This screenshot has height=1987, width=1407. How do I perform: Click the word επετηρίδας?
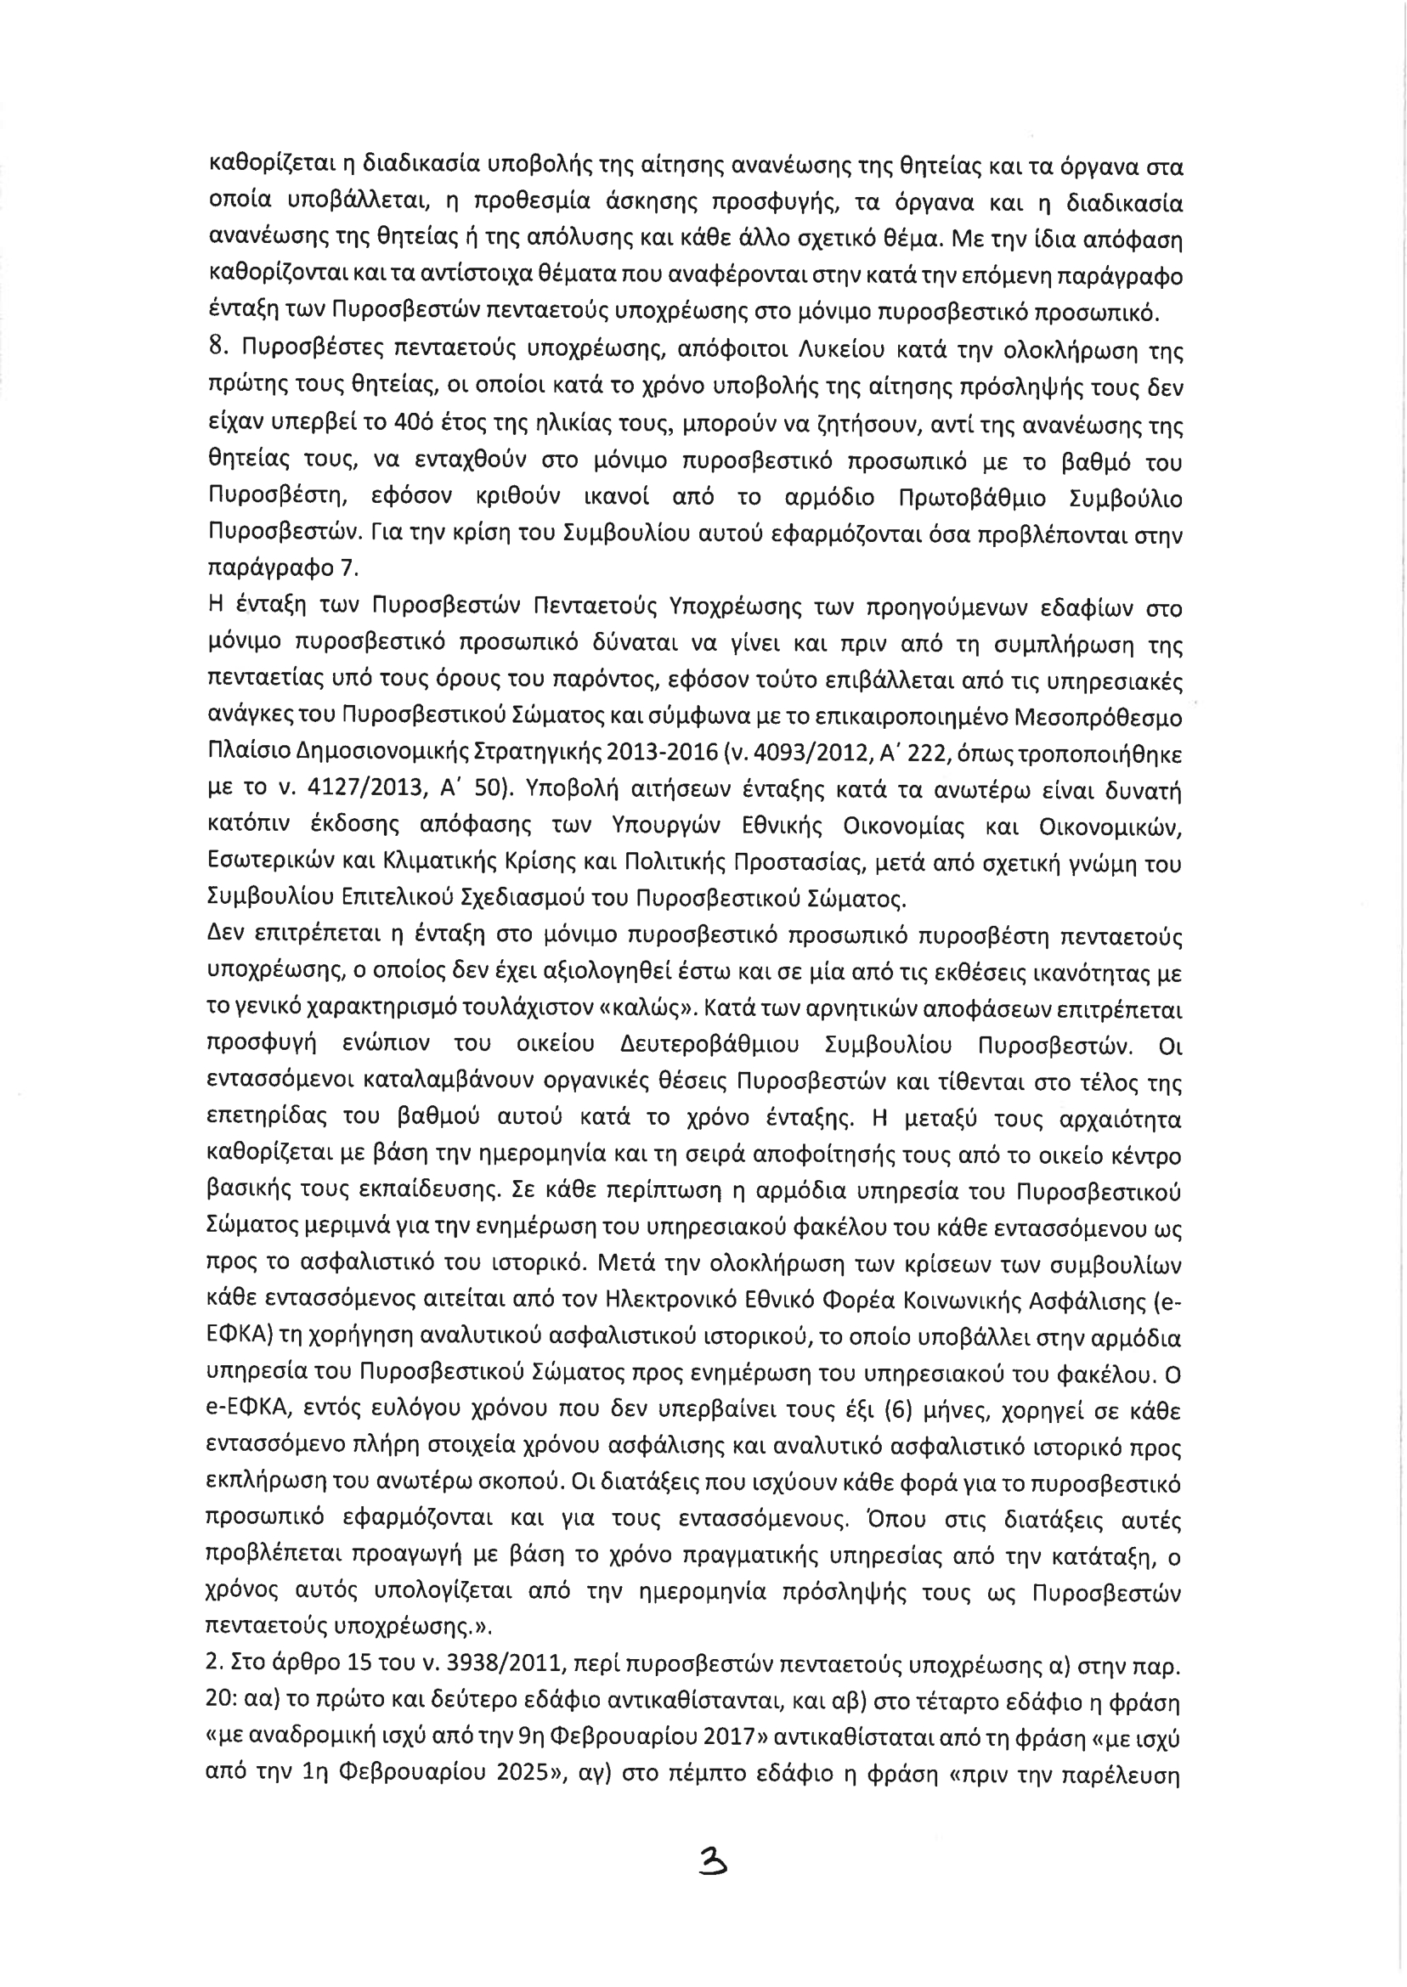tap(263, 1120)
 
